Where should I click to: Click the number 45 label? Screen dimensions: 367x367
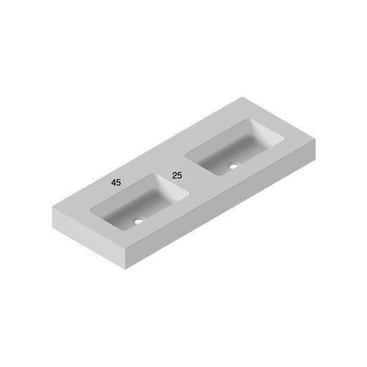pos(116,183)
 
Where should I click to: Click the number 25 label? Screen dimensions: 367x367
pos(177,176)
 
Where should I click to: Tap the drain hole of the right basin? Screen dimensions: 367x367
pos(232,166)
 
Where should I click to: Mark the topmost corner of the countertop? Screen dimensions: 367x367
pos(242,97)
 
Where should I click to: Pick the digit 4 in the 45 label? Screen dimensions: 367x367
pos(113,183)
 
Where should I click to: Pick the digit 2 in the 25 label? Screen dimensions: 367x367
pos(174,176)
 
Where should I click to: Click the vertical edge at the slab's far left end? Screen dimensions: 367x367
pos(52,217)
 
